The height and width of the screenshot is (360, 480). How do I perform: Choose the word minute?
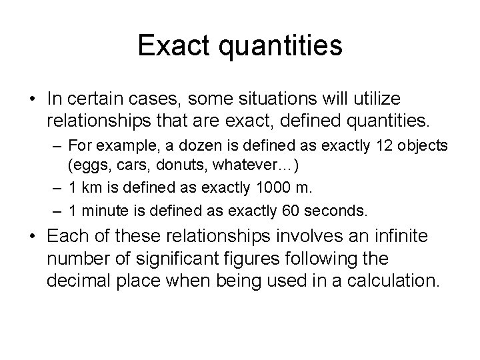[102, 212]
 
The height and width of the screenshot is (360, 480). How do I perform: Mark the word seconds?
[335, 212]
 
